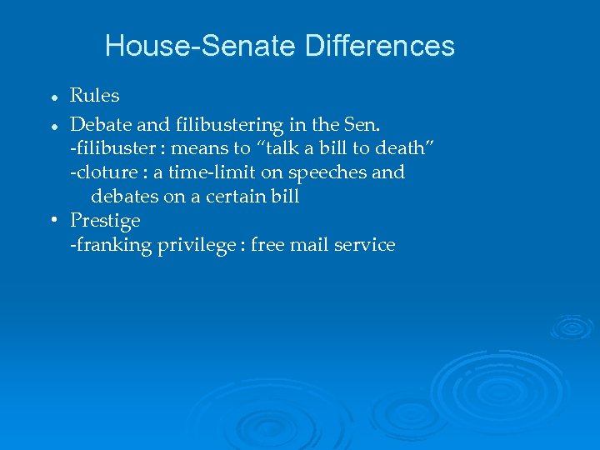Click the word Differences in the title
(x=380, y=45)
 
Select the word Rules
(x=94, y=96)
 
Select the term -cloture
(x=99, y=172)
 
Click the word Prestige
(x=105, y=221)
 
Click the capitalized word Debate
(x=100, y=125)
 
